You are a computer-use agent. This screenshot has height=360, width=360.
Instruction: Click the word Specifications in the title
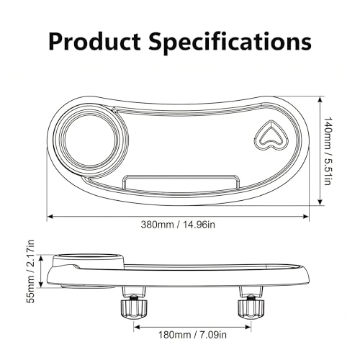point(230,42)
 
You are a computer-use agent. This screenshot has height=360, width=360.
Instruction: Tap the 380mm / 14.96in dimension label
point(178,225)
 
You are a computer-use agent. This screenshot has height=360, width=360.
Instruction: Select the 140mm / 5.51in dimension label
point(327,151)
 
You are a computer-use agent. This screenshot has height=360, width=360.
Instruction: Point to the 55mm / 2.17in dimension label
point(31,271)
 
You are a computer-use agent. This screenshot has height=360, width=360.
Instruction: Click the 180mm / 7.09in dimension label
point(192,335)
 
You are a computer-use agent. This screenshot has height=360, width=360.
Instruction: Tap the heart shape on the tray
point(271,135)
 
